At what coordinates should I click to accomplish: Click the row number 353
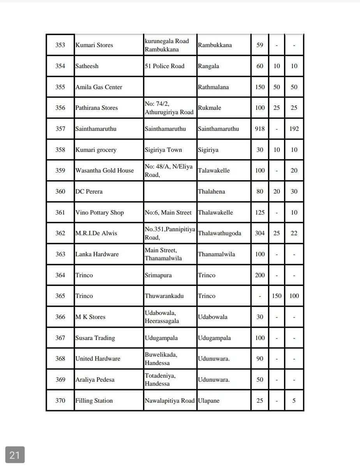pos(60,45)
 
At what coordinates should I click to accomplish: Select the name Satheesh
pos(86,66)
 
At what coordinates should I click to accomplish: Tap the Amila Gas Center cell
pos(99,87)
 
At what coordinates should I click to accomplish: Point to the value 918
pos(259,129)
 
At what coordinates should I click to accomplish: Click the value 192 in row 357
pos(294,129)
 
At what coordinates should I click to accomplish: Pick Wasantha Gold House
pos(104,170)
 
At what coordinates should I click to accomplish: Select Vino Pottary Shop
pos(99,213)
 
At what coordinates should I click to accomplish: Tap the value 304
pos(259,233)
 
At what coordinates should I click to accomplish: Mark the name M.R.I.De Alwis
pos(96,233)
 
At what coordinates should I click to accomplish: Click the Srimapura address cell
pos(158,275)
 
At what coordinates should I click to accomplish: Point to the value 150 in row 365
pos(277,296)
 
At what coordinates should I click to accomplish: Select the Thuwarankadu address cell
pos(164,296)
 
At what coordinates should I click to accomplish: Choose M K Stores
pos(90,317)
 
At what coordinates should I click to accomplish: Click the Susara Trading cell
pos(95,338)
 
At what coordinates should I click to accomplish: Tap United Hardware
pos(98,359)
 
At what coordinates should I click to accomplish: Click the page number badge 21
pos(15,455)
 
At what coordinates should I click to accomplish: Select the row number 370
pos(60,401)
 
